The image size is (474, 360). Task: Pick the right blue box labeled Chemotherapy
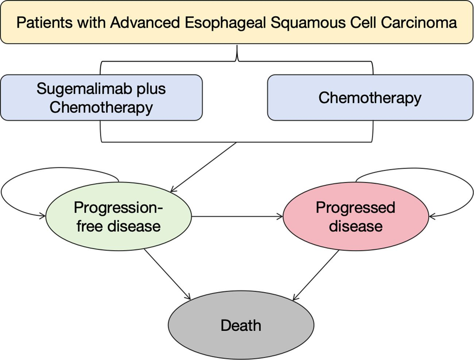(x=370, y=97)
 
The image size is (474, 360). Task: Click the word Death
(x=241, y=326)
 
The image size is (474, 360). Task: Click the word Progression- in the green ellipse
(x=118, y=208)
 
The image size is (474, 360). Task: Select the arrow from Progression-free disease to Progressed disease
(x=237, y=216)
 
